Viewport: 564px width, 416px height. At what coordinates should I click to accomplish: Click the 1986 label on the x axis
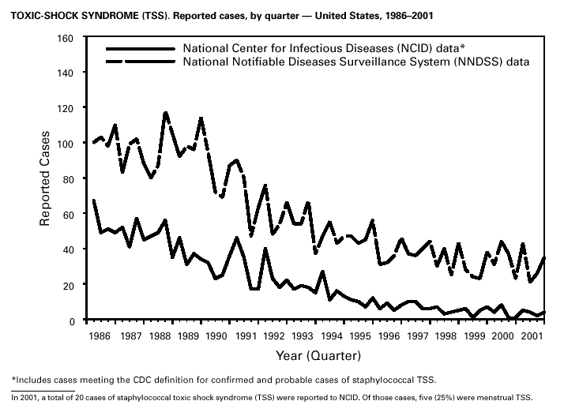(x=100, y=335)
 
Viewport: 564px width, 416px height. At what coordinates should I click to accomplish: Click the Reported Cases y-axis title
(x=46, y=178)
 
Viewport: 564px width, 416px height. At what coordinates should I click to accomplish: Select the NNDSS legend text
(x=355, y=62)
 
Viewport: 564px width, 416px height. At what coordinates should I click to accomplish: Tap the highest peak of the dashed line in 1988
(x=165, y=112)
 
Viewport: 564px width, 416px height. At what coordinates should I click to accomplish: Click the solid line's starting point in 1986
(x=93, y=200)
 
